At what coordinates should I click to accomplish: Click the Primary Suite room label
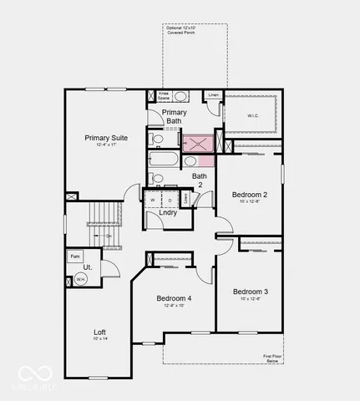coord(104,137)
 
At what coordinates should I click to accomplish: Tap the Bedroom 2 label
coord(249,195)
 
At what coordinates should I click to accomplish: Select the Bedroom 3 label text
coord(249,292)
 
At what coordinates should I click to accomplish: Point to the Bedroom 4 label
coord(173,298)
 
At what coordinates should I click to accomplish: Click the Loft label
coord(99,332)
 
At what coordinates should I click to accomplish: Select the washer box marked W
coord(153,200)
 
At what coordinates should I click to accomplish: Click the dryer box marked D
coord(170,200)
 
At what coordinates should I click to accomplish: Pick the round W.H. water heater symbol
coord(81,281)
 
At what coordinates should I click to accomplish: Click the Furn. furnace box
coord(75,256)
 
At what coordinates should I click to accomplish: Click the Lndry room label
coord(167,213)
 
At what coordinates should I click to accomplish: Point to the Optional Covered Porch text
coord(184,31)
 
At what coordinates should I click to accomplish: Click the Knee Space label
coord(163,95)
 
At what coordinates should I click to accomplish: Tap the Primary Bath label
coord(175,116)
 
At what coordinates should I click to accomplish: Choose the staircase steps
coord(102,223)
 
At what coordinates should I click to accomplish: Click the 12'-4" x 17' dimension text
coord(104,145)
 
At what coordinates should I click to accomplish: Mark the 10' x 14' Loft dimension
coord(99,338)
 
